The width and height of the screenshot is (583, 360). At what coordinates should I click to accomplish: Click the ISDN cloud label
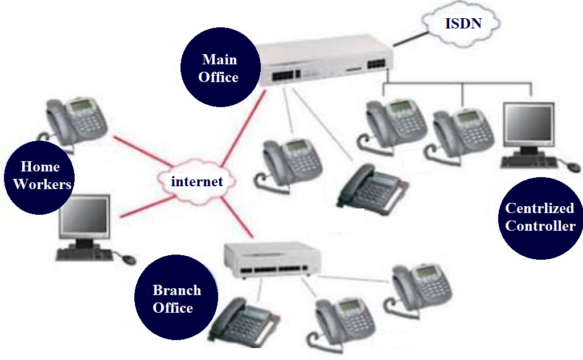tap(462, 23)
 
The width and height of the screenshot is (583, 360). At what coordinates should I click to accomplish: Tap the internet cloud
tap(196, 181)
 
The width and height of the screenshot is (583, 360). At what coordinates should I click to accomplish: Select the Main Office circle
tap(219, 68)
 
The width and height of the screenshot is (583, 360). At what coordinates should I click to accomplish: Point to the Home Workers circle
tap(39, 175)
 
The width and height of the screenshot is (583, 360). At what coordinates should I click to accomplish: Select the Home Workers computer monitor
tap(85, 219)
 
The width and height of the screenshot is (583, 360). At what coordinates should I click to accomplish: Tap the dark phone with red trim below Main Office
tap(371, 187)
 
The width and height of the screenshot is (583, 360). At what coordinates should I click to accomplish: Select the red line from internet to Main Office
tap(243, 131)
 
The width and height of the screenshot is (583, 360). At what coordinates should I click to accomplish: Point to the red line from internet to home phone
tap(137, 149)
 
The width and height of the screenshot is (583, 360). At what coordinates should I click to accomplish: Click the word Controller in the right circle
tap(540, 226)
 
